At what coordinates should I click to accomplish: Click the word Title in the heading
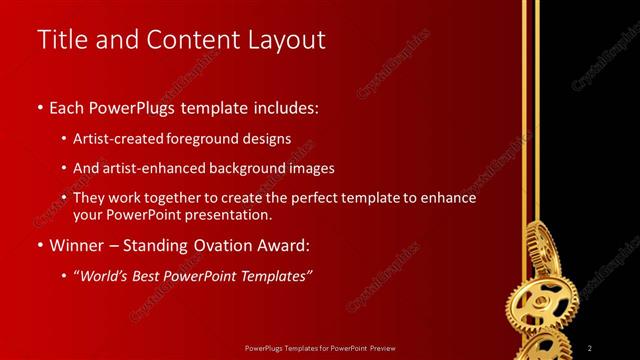pos(60,40)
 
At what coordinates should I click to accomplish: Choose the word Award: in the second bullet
pos(281,245)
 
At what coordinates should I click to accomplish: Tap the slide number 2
pos(591,347)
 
